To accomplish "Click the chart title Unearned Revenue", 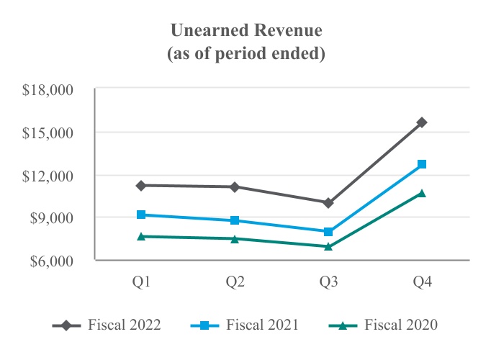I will point(245,31).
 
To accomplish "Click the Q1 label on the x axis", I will point(142,282).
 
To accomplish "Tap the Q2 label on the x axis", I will point(235,282).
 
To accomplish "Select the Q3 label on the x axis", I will point(329,282).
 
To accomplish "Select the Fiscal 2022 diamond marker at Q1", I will point(142,185).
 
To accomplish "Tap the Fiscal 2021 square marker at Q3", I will point(329,232).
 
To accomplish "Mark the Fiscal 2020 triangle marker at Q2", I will point(235,238).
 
